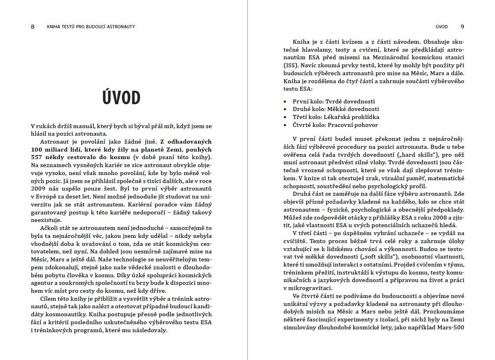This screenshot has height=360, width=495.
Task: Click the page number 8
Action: click(x=33, y=27)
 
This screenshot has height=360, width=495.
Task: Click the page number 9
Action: click(x=462, y=27)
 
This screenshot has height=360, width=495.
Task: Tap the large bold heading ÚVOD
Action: click(x=121, y=97)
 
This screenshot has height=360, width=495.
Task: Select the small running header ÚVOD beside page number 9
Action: click(x=442, y=27)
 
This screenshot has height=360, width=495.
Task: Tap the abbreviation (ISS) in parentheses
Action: click(x=290, y=65)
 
